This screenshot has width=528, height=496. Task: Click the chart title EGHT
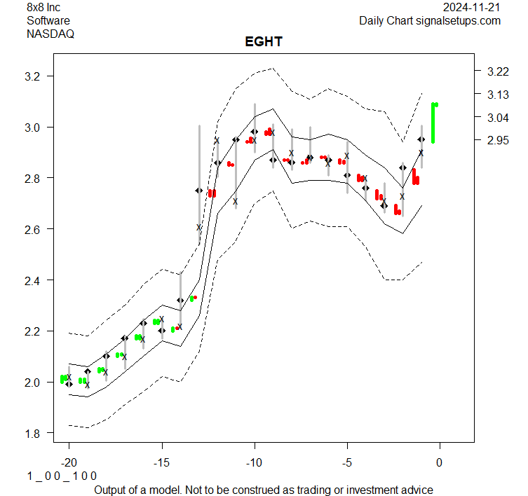point(264,42)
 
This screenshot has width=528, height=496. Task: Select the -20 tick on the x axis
point(69,462)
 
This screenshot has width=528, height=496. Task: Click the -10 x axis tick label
point(254,462)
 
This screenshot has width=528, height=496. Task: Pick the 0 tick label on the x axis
point(440,462)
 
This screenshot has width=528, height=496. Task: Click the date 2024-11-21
point(473,8)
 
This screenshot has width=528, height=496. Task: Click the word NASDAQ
point(50,33)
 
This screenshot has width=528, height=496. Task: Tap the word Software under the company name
point(48,20)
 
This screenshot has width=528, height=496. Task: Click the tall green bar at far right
point(433,123)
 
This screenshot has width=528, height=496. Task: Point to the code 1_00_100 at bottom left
point(62,476)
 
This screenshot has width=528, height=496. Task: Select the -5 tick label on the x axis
point(346,462)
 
